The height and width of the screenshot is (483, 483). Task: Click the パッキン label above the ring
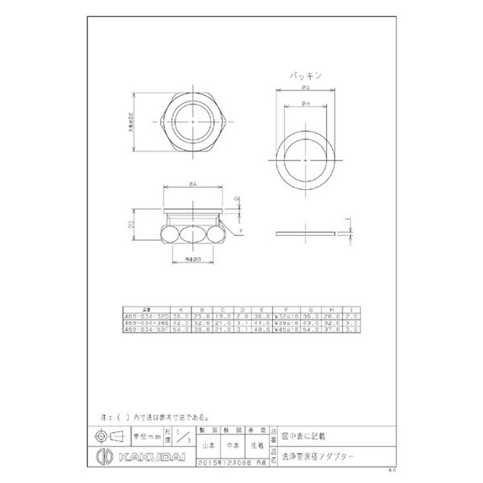[x=305, y=77]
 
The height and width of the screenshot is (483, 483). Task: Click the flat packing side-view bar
[x=305, y=233]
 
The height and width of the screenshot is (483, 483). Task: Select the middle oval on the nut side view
[x=193, y=234]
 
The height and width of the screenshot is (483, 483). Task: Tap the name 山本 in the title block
[x=208, y=447]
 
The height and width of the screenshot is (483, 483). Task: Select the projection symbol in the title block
[x=109, y=435]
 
